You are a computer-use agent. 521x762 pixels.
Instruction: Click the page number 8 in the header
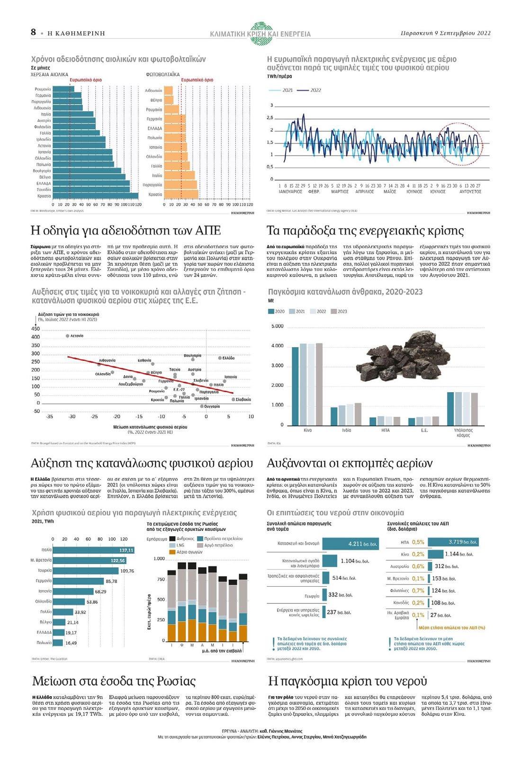click(x=33, y=32)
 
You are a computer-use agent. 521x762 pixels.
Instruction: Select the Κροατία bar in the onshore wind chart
click(x=95, y=196)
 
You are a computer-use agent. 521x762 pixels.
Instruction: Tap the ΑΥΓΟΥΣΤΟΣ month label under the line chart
click(x=470, y=191)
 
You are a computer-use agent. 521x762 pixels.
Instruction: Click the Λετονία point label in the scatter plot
click(x=77, y=336)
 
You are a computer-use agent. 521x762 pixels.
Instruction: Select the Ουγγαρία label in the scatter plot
click(x=211, y=406)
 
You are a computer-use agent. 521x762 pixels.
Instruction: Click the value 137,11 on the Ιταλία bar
click(x=126, y=550)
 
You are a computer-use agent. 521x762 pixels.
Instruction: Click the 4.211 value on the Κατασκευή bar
click(x=355, y=544)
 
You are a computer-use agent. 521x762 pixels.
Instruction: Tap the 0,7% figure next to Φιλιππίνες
click(x=418, y=591)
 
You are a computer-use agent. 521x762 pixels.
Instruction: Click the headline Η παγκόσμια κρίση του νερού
click(x=347, y=681)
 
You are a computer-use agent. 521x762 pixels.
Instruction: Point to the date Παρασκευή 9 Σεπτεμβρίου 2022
click(x=445, y=33)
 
